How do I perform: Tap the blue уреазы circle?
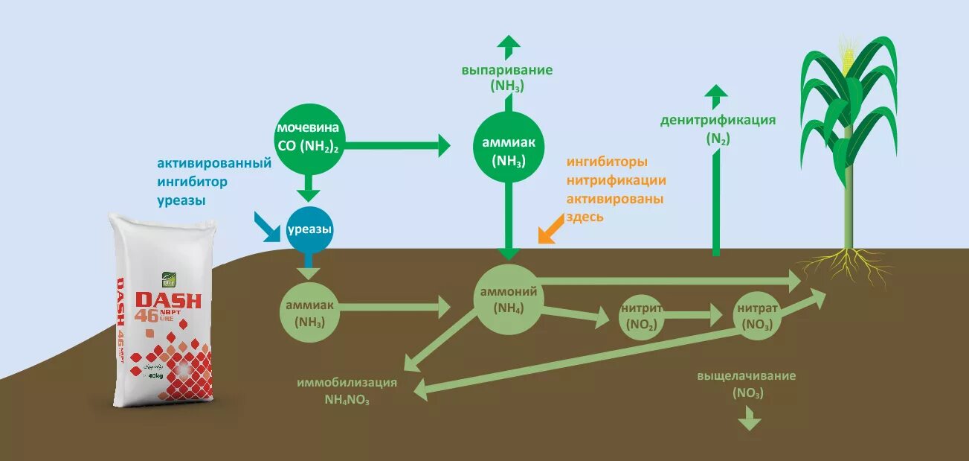(309, 229)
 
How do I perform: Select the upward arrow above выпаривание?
(509, 46)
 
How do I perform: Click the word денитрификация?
(718, 120)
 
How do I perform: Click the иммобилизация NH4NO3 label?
(347, 391)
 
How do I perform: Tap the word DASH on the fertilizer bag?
(168, 299)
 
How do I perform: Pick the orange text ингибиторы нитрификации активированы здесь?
(616, 189)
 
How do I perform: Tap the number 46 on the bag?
(146, 316)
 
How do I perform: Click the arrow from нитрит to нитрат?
(691, 315)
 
